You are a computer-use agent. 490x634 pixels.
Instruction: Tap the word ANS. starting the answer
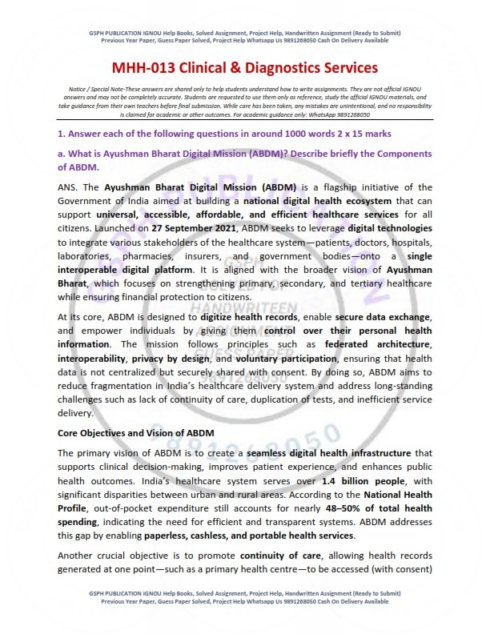coord(70,187)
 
